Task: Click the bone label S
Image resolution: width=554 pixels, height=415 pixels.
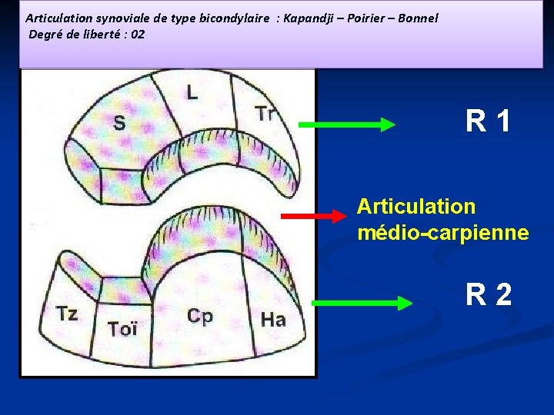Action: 120,123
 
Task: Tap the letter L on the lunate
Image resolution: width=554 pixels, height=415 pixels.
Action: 192,93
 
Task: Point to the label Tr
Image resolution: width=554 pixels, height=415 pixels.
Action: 265,115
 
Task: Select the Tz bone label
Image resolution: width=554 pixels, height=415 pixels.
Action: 67,314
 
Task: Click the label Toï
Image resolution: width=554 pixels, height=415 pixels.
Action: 122,329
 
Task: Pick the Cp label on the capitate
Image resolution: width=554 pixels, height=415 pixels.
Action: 200,317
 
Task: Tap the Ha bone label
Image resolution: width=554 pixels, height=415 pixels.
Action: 273,319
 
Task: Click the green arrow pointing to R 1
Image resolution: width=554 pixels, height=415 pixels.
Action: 345,125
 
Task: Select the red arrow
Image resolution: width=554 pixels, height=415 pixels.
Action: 312,217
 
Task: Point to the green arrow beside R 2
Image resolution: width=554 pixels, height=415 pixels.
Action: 362,304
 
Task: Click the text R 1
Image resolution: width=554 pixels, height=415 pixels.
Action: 488,121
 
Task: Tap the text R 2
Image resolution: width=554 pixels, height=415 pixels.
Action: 488,294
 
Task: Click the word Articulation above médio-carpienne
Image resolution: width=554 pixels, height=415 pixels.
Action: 416,207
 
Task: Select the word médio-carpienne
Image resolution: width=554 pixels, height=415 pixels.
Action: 442,232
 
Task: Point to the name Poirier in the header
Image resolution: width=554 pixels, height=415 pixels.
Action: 367,18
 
